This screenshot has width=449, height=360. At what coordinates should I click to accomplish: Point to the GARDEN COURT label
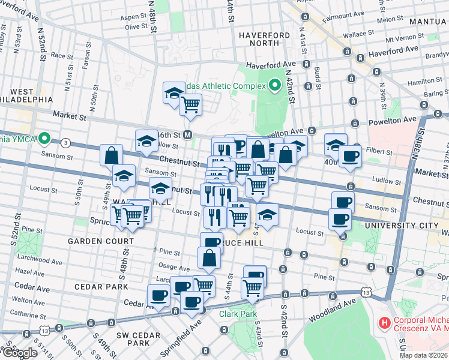[100, 241]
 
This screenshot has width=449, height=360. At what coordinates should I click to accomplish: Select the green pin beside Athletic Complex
[276, 86]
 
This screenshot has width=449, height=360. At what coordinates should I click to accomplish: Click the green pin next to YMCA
[44, 140]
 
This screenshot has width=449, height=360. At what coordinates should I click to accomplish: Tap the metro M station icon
[187, 134]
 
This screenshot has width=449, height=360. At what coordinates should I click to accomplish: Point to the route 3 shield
[65, 143]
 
